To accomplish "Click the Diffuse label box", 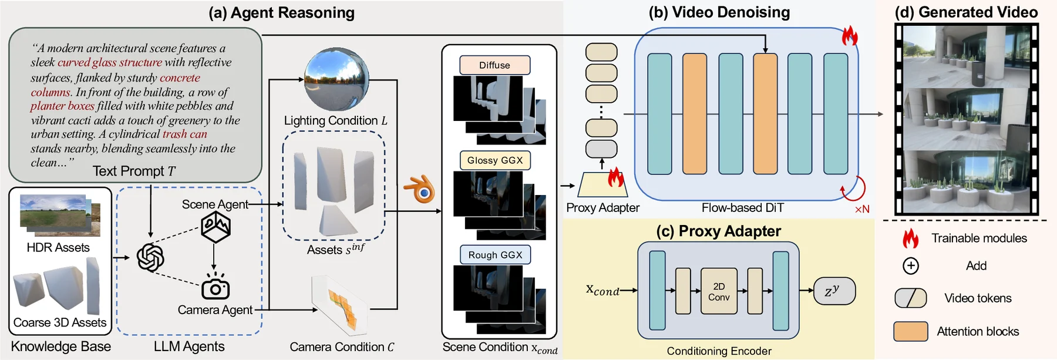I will pyautogui.click(x=494, y=65).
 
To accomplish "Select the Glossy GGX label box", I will pyautogui.click(x=495, y=160).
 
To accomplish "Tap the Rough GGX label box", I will pyautogui.click(x=495, y=255).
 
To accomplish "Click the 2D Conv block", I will pyautogui.click(x=719, y=291).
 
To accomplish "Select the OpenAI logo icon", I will pyautogui.click(x=150, y=257).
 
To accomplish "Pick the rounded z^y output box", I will pyautogui.click(x=834, y=291).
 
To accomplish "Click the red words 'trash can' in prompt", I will pyautogui.click(x=184, y=134).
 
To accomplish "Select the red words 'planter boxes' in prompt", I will pyautogui.click(x=62, y=106).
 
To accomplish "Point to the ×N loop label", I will pyautogui.click(x=861, y=209).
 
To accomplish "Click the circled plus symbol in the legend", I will pyautogui.click(x=910, y=266).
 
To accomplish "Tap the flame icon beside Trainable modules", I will pyautogui.click(x=910, y=238).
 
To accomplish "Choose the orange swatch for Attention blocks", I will pyautogui.click(x=910, y=332).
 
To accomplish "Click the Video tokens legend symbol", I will pyautogui.click(x=910, y=298).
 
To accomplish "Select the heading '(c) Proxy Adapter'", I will pyautogui.click(x=718, y=231).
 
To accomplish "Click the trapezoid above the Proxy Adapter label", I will pyautogui.click(x=602, y=184).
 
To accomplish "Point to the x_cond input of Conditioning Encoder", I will pyautogui.click(x=602, y=290).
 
